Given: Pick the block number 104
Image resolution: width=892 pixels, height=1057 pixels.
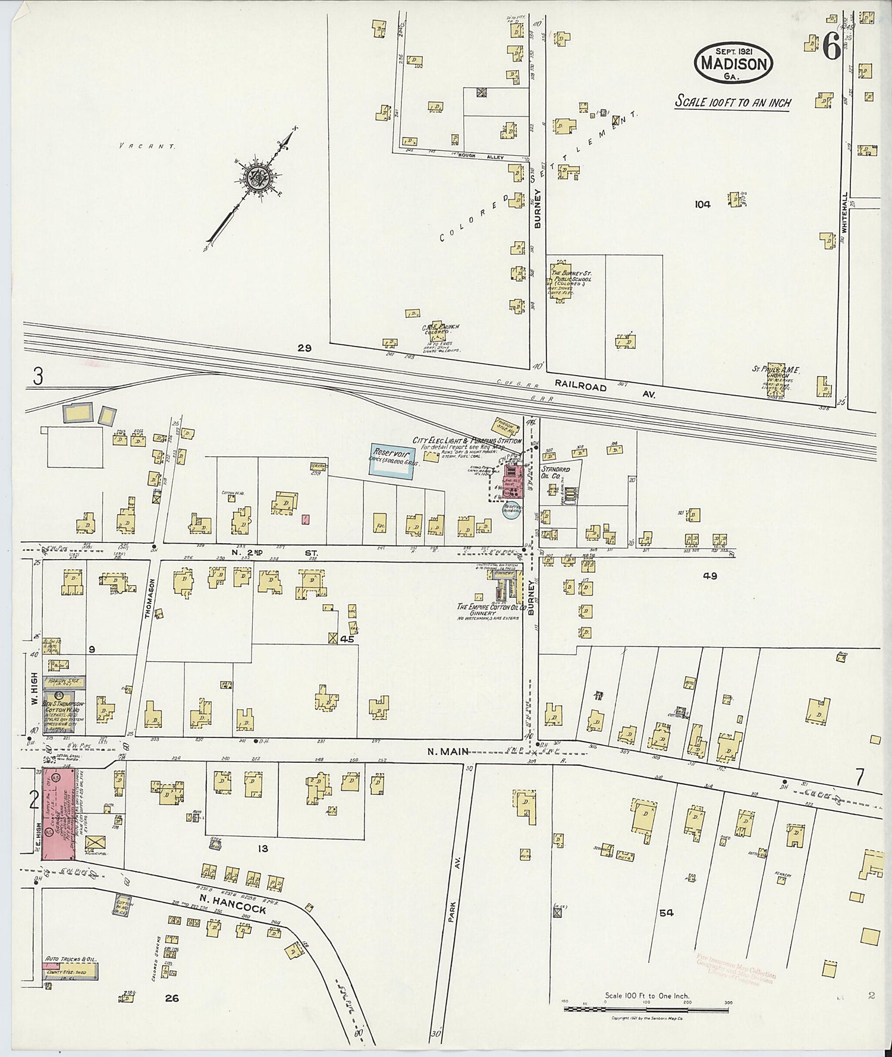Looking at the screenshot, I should coord(702,204).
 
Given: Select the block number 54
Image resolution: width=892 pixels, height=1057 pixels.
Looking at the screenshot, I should coord(665,913).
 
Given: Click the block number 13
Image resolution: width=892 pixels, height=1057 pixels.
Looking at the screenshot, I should coord(262,849).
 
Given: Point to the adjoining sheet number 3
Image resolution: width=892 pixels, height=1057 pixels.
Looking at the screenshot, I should coord(38,377).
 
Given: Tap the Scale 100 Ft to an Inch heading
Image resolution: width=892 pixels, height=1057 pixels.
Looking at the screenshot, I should coord(733,102).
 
